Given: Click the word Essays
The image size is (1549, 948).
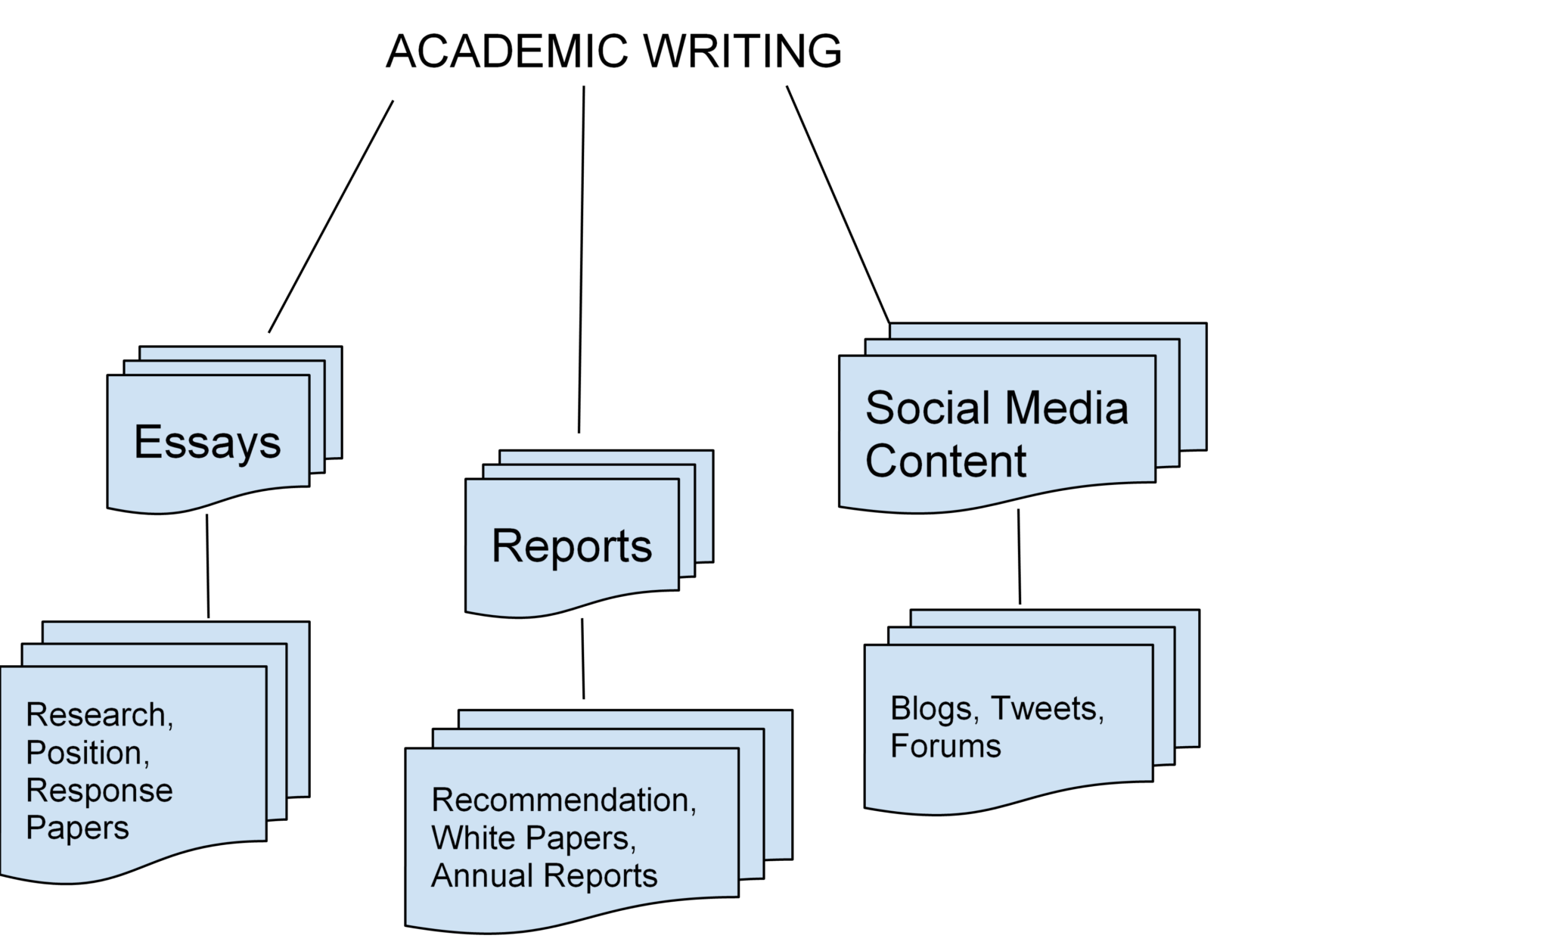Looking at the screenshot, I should coord(207,443).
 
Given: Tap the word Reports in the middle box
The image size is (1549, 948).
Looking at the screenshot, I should coord(571,546).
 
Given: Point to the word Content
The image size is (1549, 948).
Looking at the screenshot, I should coord(945,461).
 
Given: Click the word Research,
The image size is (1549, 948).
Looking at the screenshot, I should coord(100,715).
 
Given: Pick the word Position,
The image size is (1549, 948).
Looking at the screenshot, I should coord(88,753).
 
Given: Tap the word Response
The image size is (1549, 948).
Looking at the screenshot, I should coord(99,791).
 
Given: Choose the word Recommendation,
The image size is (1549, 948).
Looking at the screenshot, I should coord(563,800).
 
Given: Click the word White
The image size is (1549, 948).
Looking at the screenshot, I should coord(473,838).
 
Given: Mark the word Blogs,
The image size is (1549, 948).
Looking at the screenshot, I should coord(935,709).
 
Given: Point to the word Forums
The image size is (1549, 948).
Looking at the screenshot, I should coord(945,747).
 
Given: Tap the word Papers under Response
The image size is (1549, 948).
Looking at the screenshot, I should coord(77,828).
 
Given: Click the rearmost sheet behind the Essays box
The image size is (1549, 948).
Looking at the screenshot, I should coord(334,401).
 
